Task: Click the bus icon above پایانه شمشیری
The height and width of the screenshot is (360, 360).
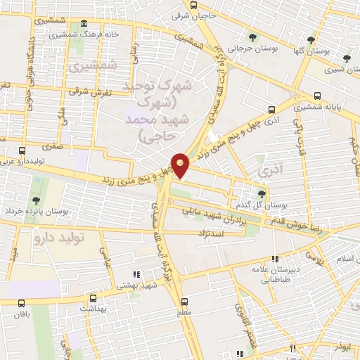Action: (x=317, y=96)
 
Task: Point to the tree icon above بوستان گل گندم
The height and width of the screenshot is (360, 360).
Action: (x=262, y=193)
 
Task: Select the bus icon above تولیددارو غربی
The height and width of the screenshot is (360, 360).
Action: (x=22, y=150)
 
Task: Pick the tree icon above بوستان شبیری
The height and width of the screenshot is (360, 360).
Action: (x=346, y=59)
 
